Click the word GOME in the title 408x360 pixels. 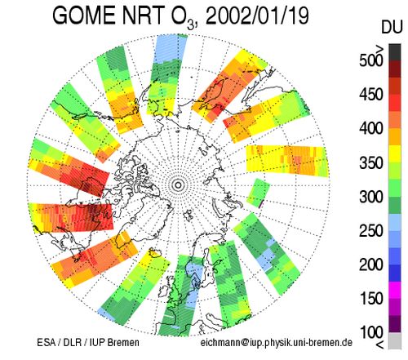pyautogui.click(x=85, y=16)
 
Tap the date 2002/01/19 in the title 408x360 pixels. pyautogui.click(x=257, y=16)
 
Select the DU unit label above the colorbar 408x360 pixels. pyautogui.click(x=392, y=28)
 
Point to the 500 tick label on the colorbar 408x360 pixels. pyautogui.click(x=371, y=60)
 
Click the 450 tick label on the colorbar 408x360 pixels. pyautogui.click(x=371, y=95)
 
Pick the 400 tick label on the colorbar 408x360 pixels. pyautogui.click(x=371, y=128)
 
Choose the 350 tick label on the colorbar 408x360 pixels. pyautogui.click(x=371, y=162)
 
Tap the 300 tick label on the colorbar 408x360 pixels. pyautogui.click(x=371, y=197)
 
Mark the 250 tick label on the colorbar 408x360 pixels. pyautogui.click(x=371, y=231)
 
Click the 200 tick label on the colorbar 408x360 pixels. pyautogui.click(x=371, y=264)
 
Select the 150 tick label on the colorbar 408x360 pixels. pyautogui.click(x=371, y=299)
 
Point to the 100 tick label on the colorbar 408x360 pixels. pyautogui.click(x=371, y=332)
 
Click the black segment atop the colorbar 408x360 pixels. pyautogui.click(x=395, y=52)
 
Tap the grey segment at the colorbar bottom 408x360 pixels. pyautogui.click(x=395, y=340)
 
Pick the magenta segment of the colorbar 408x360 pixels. pyautogui.click(x=395, y=290)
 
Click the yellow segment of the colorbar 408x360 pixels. pyautogui.click(x=395, y=154)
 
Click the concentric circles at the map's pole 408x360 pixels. pyautogui.click(x=178, y=185)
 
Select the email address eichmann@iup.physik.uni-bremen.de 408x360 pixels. pyautogui.click(x=277, y=343)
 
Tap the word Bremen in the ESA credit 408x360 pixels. pyautogui.click(x=123, y=342)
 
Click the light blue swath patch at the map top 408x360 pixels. pyautogui.click(x=171, y=50)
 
